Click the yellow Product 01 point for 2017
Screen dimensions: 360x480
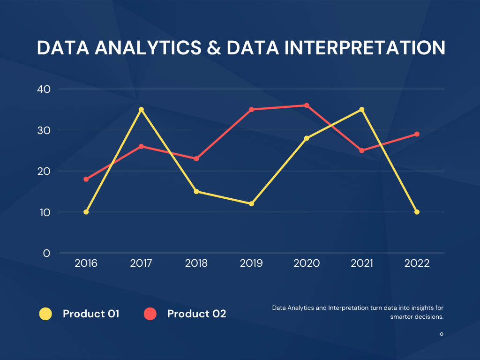coord(141,110)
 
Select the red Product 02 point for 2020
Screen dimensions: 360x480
coord(307,105)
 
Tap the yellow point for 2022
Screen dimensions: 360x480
coord(417,212)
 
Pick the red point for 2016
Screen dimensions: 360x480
coord(86,179)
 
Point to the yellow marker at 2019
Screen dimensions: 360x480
coord(251,203)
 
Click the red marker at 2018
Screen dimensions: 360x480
coord(196,158)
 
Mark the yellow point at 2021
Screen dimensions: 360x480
coord(362,110)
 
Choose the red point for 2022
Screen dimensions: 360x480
coord(417,134)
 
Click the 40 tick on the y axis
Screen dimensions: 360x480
coord(43,89)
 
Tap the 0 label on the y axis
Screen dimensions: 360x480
coord(46,253)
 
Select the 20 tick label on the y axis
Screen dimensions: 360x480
coord(43,171)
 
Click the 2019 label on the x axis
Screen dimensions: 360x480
coord(251,263)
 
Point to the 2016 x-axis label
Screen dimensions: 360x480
coord(86,263)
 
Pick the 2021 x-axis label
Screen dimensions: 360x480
coord(362,263)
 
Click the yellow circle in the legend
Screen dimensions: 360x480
coord(45,314)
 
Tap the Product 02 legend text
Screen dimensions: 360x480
coord(196,314)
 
